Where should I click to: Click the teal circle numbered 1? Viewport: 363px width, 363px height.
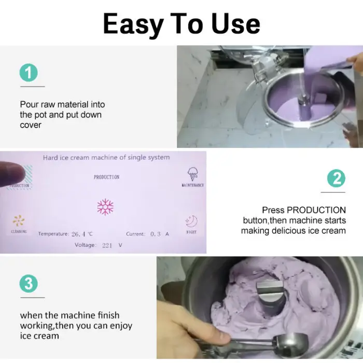click(29, 73)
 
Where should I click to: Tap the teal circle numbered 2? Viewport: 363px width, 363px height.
click(336, 178)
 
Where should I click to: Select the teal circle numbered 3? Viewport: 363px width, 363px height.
click(29, 284)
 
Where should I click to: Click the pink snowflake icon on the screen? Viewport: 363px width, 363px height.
click(105, 207)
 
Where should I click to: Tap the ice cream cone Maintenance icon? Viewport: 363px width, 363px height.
click(192, 174)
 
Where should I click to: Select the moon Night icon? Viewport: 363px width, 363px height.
click(192, 221)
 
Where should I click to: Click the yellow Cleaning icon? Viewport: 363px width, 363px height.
click(19, 220)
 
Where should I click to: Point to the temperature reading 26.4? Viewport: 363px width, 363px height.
click(78, 234)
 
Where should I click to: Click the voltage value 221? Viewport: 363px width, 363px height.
click(107, 245)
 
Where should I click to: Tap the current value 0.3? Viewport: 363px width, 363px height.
click(156, 234)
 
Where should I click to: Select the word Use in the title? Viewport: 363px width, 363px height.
click(235, 24)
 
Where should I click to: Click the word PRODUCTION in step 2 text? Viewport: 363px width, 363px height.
click(316, 210)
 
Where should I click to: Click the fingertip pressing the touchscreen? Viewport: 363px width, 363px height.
click(13, 173)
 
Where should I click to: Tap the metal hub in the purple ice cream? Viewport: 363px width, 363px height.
click(270, 294)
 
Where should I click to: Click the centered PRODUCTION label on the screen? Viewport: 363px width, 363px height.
click(106, 177)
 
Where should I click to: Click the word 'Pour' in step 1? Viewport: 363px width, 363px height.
click(29, 104)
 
